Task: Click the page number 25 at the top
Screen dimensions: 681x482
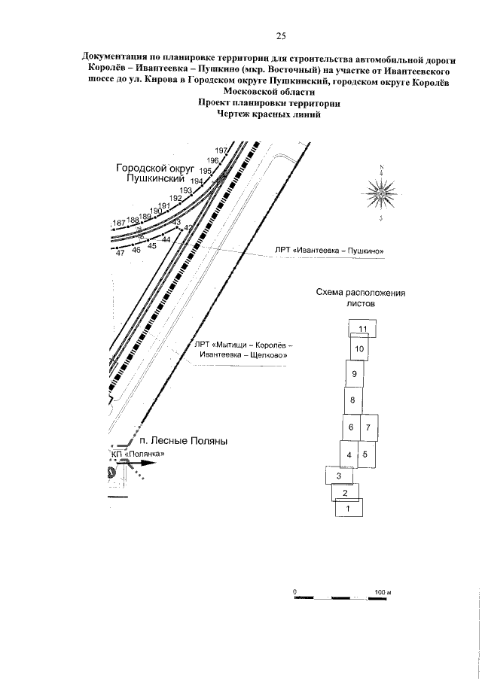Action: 280,35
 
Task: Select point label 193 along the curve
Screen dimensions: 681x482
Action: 186,190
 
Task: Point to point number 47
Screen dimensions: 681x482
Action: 120,253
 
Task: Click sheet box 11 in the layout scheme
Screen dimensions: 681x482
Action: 362,329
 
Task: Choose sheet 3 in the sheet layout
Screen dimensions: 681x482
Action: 339,476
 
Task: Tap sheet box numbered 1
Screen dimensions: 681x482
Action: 347,508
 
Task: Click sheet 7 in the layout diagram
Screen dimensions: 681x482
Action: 368,427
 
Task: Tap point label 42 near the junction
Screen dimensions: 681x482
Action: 188,227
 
